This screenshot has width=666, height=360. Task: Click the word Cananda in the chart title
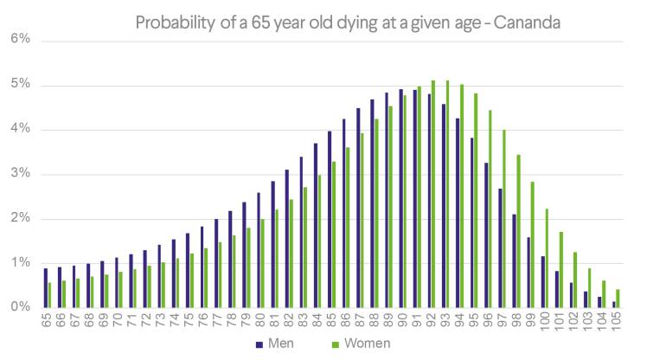(527, 22)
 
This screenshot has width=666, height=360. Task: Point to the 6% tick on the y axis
(20, 40)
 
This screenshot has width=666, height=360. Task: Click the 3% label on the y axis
(20, 174)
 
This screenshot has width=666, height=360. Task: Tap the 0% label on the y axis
(20, 307)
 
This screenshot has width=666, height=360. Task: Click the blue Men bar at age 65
(45, 287)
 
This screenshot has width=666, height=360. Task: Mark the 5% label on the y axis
(20, 85)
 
